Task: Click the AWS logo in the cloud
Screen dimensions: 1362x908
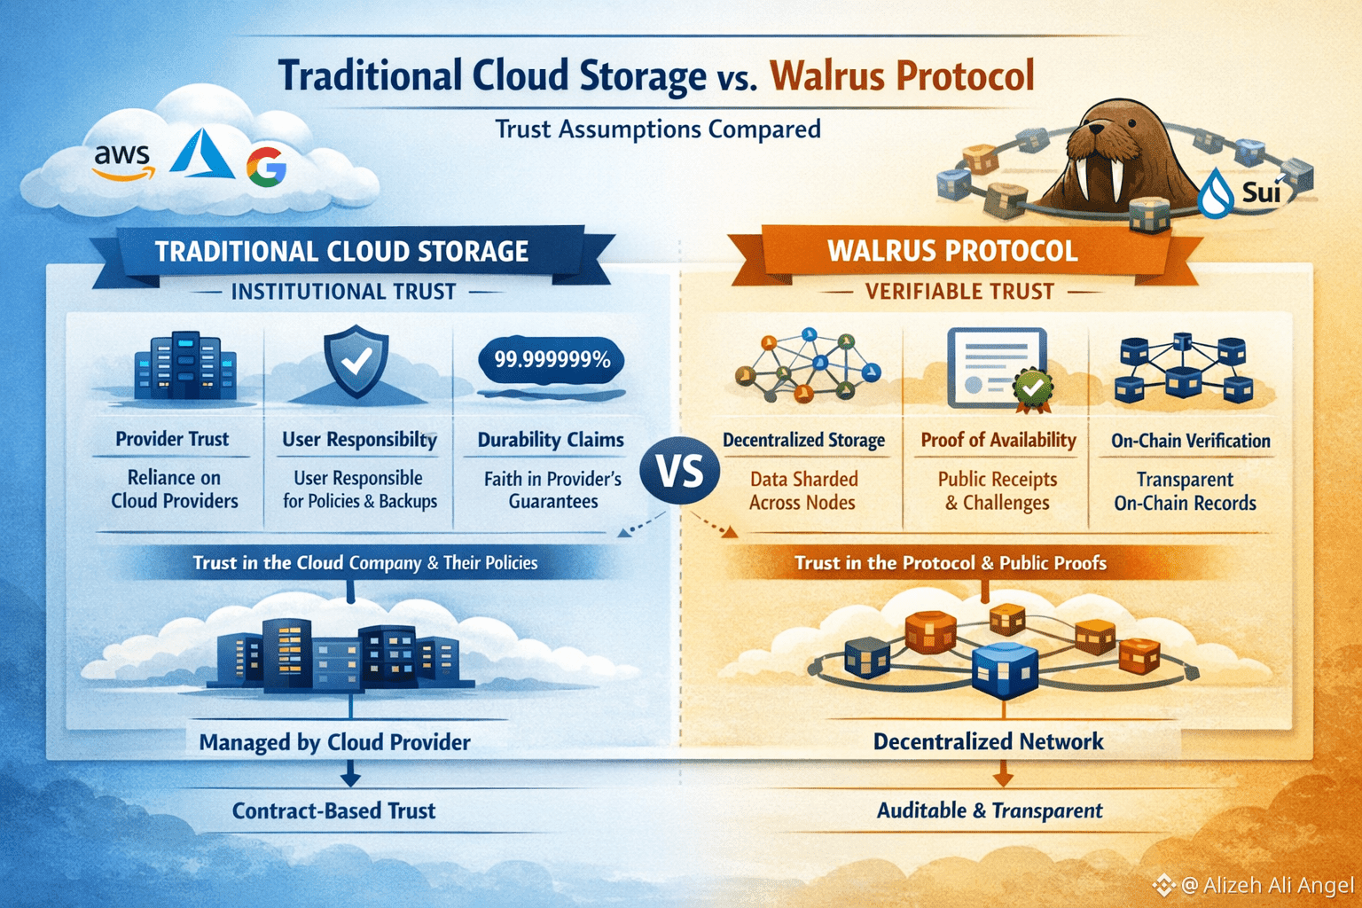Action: coord(122,160)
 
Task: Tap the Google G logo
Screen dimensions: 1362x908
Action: coord(266,166)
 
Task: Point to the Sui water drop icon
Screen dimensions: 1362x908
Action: coord(1216,194)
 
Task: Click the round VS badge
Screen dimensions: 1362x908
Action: coord(681,470)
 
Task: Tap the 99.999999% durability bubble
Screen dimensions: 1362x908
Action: coord(552,360)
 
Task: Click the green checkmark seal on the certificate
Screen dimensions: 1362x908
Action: coord(1032,387)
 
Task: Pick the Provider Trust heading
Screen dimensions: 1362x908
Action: coord(172,439)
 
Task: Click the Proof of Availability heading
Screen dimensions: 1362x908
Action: coord(998,440)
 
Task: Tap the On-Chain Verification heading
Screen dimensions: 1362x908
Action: coord(1190,441)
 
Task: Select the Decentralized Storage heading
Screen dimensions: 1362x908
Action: coord(803,440)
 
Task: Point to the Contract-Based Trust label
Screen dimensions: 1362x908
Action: coord(334,810)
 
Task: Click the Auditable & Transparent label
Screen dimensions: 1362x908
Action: coord(990,810)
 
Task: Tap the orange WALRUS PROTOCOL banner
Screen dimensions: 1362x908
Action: coord(952,251)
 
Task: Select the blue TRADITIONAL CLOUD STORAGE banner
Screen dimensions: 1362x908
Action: coord(341,252)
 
